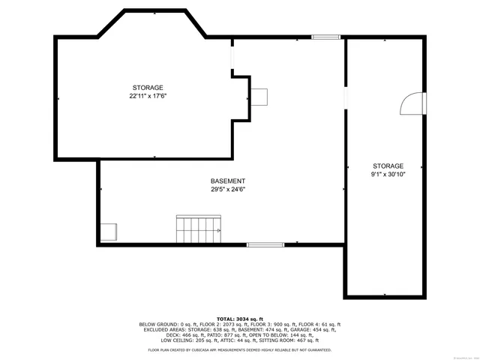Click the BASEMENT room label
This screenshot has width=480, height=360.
coord(227,181)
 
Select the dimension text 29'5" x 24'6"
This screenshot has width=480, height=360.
coord(227,190)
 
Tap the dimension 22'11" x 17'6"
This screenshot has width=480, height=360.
coord(148,96)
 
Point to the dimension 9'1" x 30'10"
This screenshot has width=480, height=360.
coord(388,174)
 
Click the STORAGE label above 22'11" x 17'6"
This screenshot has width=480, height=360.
coord(148,88)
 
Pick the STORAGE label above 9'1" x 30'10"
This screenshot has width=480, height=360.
coord(388,166)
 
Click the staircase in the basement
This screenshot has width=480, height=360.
coord(199,229)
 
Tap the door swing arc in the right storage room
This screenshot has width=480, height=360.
coord(412,104)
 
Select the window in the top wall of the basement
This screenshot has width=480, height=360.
coord(325,37)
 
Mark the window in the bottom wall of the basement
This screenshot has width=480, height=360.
coord(265,244)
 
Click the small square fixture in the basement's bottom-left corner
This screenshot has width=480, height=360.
coord(109,232)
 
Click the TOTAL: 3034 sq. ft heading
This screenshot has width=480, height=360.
coord(240,319)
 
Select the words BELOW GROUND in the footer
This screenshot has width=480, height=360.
coord(156,325)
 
